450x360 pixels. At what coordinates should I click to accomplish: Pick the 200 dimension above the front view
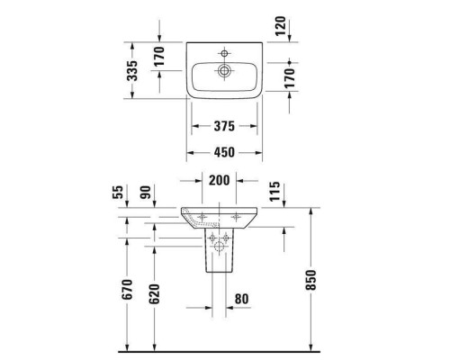click(x=218, y=179)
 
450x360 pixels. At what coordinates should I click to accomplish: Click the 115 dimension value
click(x=275, y=190)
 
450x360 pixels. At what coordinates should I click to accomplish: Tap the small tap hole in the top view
click(x=225, y=50)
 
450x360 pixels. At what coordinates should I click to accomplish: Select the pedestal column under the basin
click(x=218, y=256)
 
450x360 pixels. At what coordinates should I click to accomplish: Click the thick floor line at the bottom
click(x=225, y=348)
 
